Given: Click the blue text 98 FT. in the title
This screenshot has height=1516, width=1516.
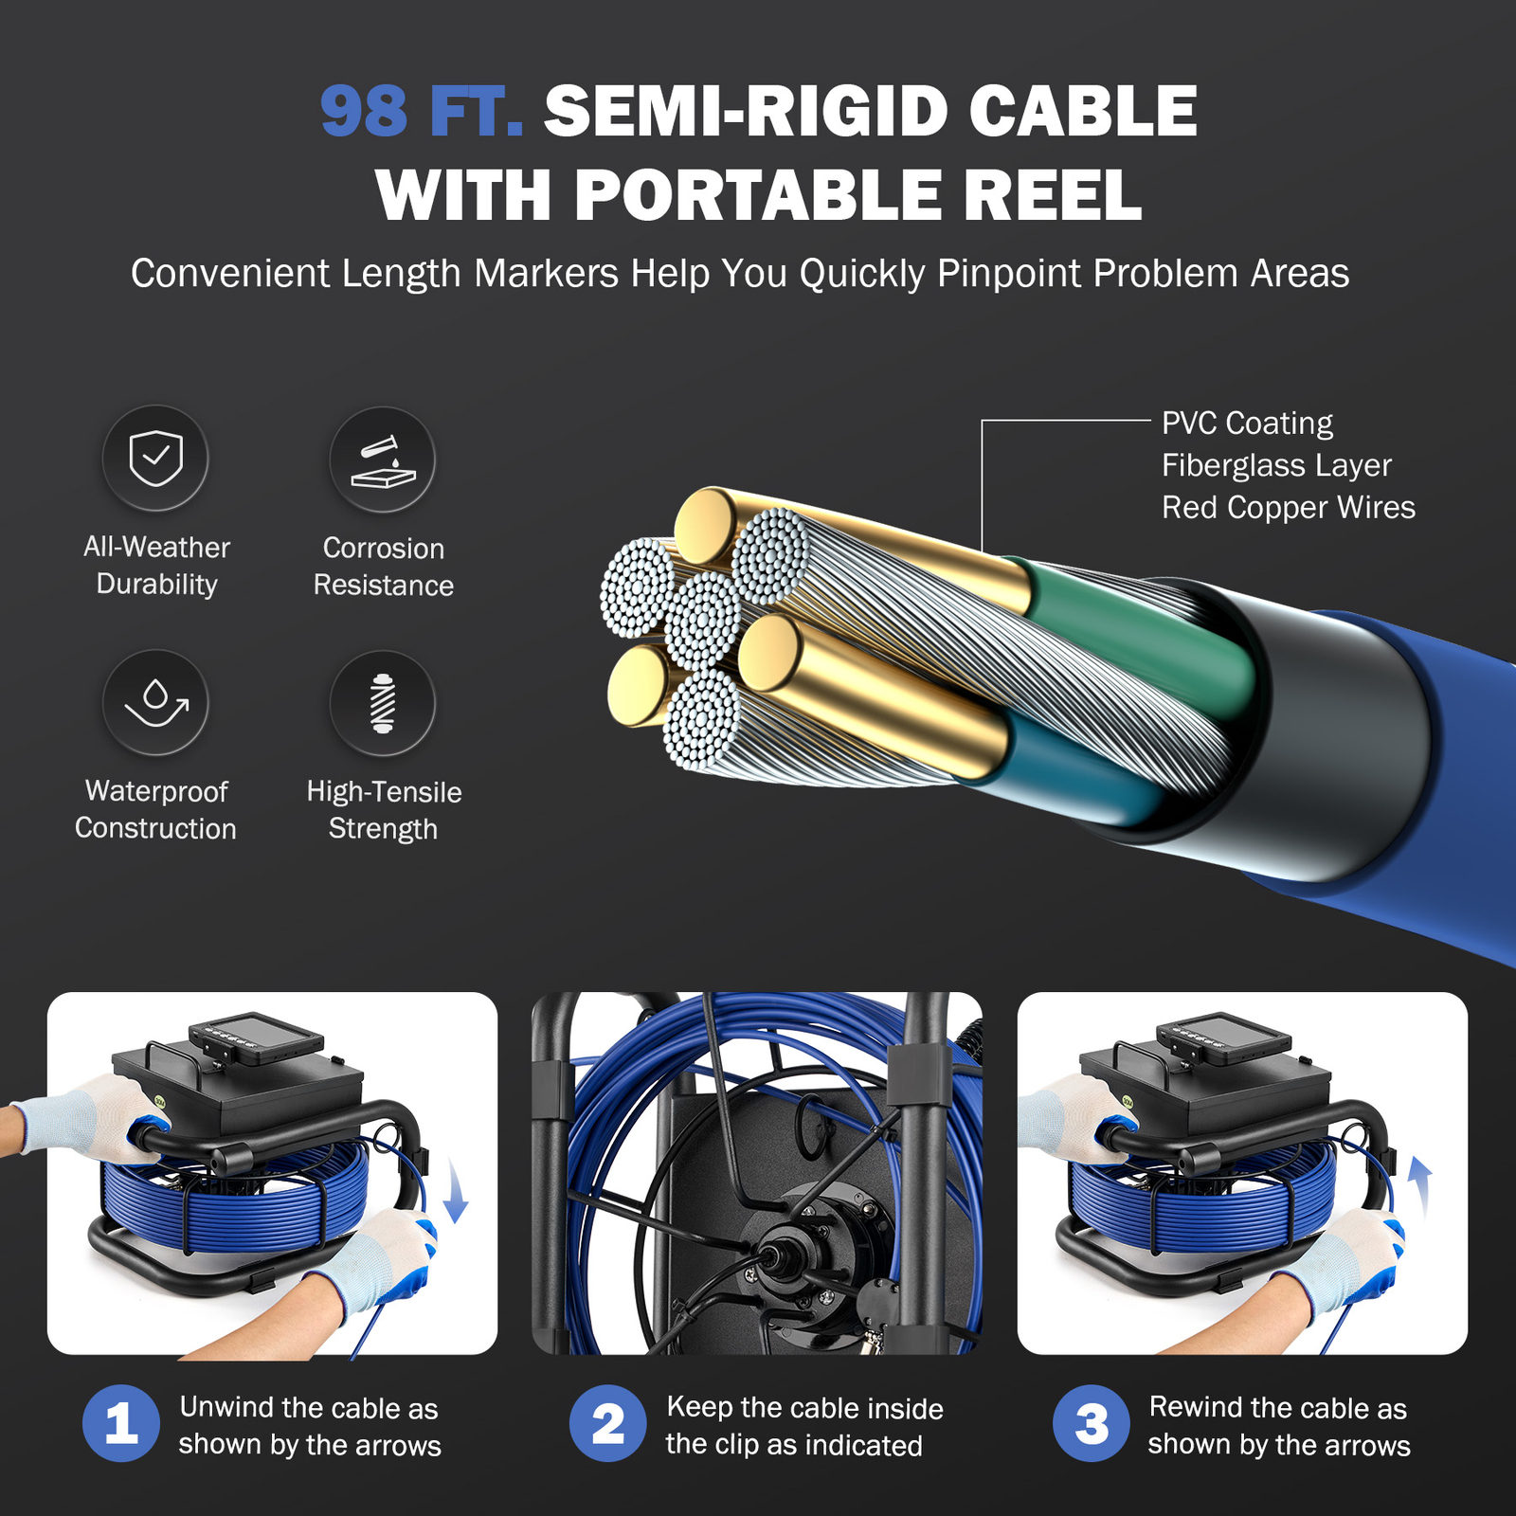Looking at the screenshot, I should pos(421,112).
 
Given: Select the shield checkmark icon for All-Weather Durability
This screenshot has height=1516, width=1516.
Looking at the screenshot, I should pos(155,459).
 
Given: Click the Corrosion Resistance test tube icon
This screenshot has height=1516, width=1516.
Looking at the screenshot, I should pos(383,460).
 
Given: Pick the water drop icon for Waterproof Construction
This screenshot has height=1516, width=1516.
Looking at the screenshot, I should pos(155,703).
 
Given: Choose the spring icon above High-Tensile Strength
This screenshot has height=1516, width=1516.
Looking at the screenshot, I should pos(383,704).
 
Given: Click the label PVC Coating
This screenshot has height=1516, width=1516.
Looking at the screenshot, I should pos(1247,423).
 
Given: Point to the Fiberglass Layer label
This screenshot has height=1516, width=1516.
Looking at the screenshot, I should pos(1276,465).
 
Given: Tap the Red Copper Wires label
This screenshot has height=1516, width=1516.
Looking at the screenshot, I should pos(1288,508).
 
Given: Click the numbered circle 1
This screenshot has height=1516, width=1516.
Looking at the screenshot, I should pos(120,1423).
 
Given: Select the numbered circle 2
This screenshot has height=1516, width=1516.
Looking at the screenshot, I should pos(607,1423).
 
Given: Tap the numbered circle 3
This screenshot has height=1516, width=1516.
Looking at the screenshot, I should pos(1092,1423).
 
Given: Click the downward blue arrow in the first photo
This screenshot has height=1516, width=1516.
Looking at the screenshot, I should pos(456,1195).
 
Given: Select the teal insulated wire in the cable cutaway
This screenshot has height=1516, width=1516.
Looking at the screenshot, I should pos(1080,767).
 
